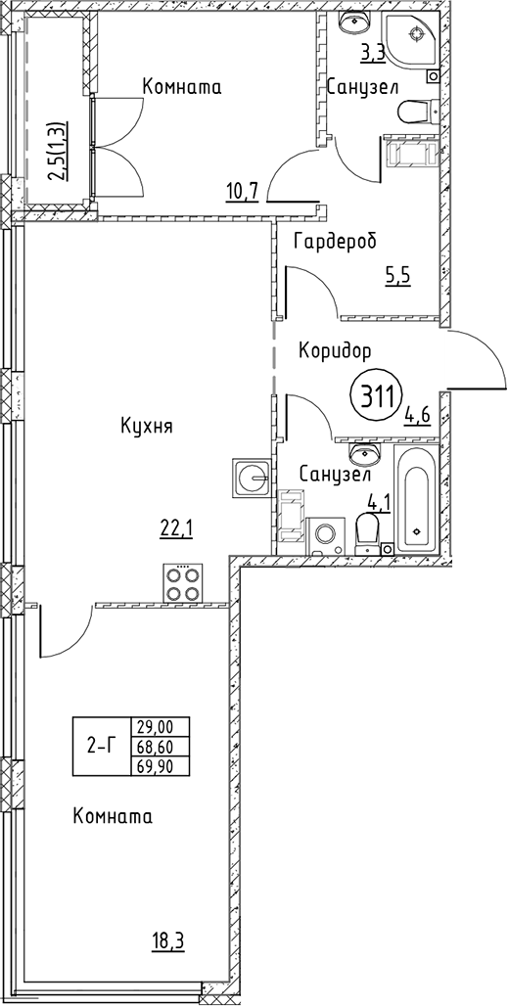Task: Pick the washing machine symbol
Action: [x=328, y=535]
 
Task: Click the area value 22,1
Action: [x=176, y=527]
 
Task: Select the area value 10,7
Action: [x=242, y=190]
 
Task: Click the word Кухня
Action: [x=147, y=426]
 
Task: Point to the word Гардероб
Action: [x=334, y=242]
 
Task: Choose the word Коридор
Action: [x=336, y=351]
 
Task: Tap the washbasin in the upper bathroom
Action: [x=354, y=22]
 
